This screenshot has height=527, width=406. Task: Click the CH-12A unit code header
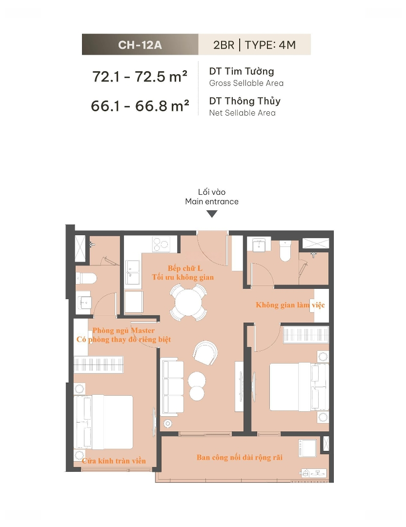(x=140, y=45)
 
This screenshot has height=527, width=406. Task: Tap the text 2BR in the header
(x=223, y=45)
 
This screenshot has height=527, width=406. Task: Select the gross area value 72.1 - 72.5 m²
(x=140, y=77)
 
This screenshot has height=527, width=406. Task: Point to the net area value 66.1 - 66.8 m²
(x=140, y=106)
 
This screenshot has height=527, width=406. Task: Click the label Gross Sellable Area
(x=246, y=83)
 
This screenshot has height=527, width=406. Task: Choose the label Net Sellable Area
(x=243, y=113)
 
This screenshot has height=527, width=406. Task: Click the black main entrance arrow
(x=212, y=214)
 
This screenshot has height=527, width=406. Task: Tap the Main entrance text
(x=212, y=202)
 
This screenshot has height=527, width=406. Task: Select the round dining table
(x=188, y=302)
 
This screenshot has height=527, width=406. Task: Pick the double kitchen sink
(x=133, y=272)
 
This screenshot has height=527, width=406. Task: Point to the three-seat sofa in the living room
(x=173, y=386)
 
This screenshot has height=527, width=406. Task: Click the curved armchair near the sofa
(x=205, y=353)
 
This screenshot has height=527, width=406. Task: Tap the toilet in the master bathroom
(x=86, y=278)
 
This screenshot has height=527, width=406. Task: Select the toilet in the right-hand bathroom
(x=285, y=251)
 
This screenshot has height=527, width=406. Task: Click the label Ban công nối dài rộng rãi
(x=239, y=457)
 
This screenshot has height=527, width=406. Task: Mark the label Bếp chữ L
(x=185, y=268)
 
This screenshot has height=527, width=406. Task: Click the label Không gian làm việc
(x=290, y=305)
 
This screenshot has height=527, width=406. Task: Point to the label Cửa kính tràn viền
(x=114, y=461)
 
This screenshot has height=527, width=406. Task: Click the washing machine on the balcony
(x=307, y=448)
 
